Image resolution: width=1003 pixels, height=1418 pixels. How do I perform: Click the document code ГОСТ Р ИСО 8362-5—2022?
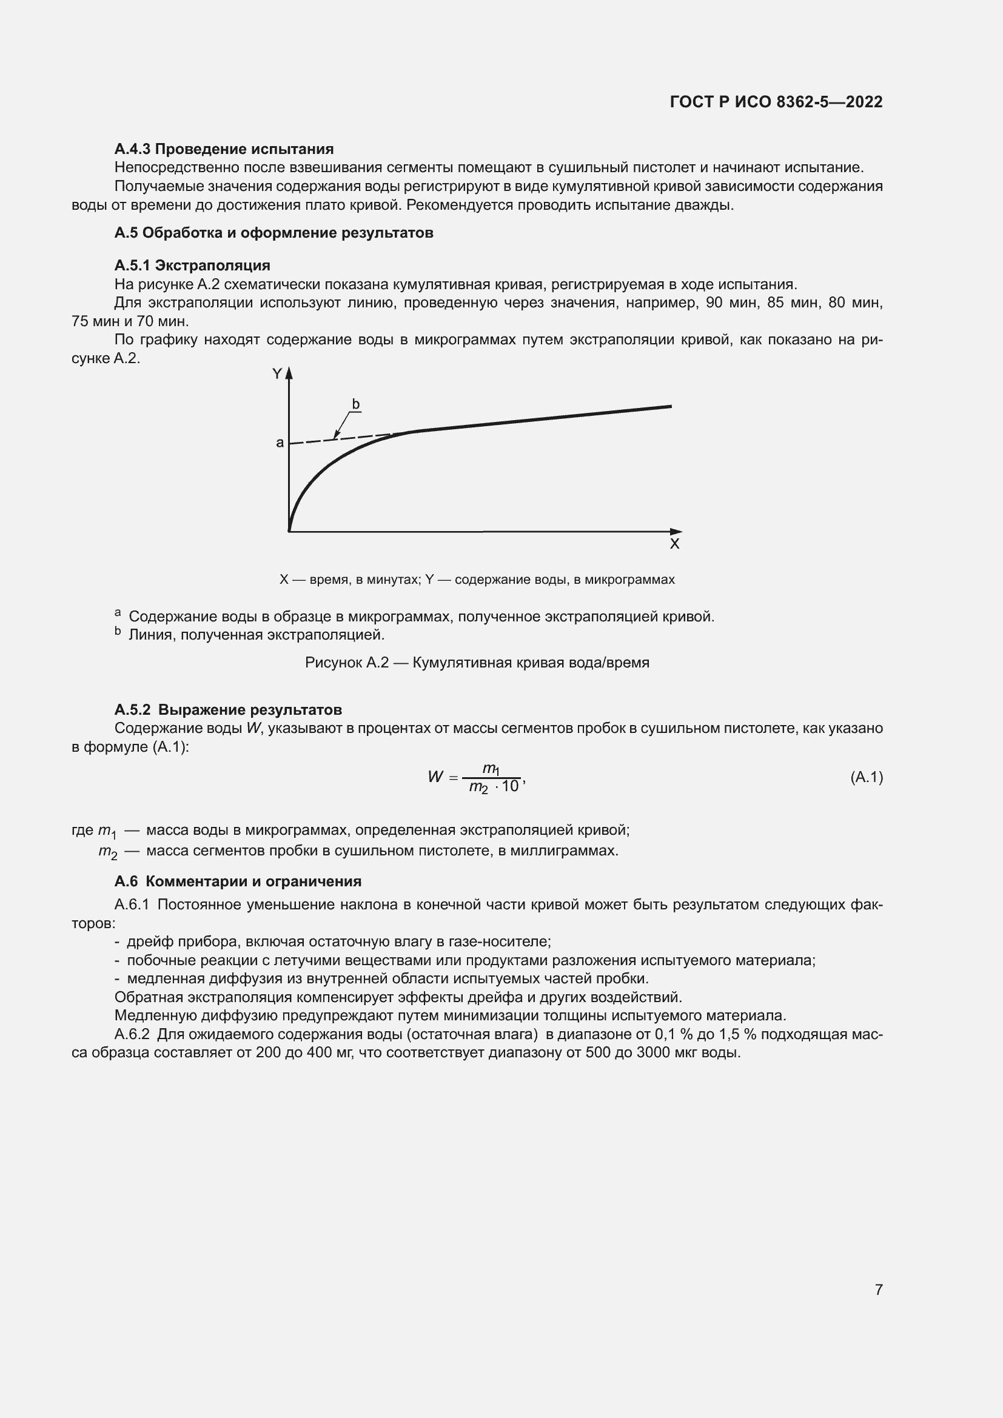(x=776, y=102)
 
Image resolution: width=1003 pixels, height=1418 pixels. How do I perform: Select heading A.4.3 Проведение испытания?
(x=224, y=149)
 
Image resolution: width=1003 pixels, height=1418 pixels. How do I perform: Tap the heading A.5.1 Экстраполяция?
(x=192, y=266)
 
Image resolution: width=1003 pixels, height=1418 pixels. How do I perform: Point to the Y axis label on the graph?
(x=277, y=373)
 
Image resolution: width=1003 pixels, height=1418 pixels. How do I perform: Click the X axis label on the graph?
(x=674, y=544)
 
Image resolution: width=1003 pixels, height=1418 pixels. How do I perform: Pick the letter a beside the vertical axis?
(x=280, y=442)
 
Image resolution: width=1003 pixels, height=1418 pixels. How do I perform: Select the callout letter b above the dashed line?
(x=356, y=404)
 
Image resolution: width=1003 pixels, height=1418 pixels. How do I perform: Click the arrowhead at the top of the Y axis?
(x=289, y=372)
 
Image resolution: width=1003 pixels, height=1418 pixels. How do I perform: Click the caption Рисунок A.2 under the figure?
(x=477, y=663)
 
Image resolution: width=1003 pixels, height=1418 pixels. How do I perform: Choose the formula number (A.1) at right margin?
(x=867, y=778)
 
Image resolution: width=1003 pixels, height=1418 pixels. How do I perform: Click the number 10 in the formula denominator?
(x=510, y=787)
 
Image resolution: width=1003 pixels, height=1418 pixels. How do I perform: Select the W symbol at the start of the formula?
(x=435, y=777)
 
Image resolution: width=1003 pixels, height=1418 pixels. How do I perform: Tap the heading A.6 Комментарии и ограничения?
(x=238, y=881)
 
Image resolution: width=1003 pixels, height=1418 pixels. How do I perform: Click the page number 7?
(x=878, y=1289)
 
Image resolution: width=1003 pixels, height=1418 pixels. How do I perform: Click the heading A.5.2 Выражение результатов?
(x=228, y=710)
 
